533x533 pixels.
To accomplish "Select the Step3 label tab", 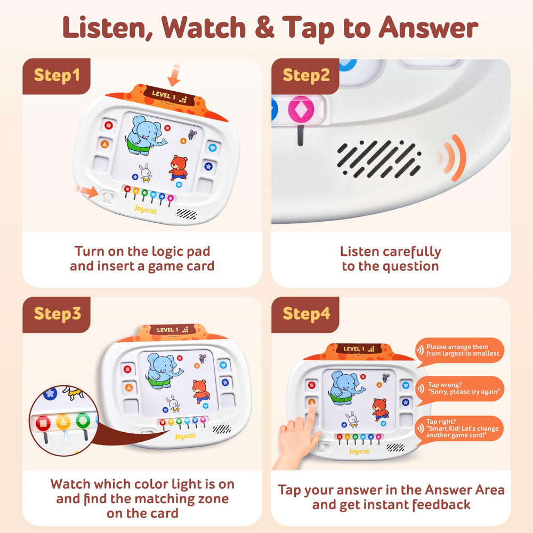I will (57, 313).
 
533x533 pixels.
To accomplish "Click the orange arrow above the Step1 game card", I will (174, 75).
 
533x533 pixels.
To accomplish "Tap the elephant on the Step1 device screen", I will (143, 135).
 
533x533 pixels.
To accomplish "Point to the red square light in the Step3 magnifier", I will (43, 423).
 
